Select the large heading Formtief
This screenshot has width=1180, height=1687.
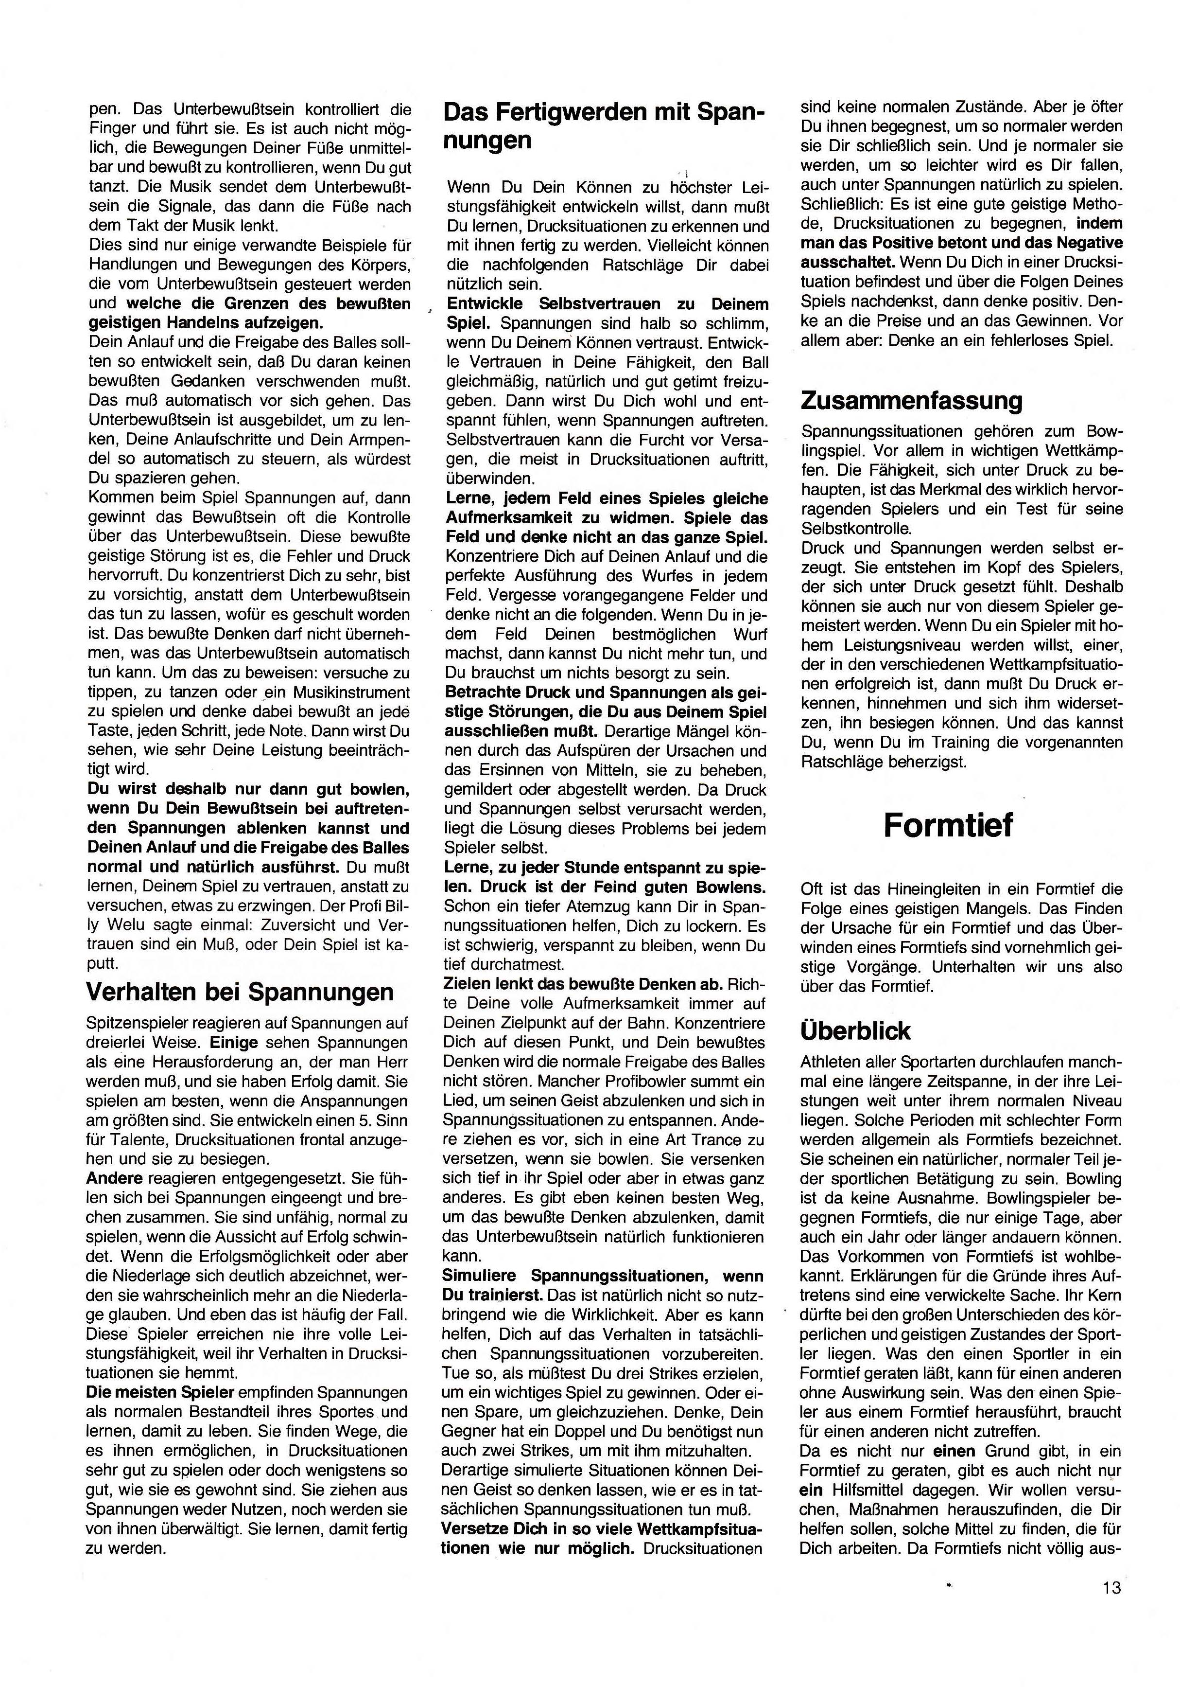pos(948,825)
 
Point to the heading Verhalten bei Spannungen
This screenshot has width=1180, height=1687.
pos(240,991)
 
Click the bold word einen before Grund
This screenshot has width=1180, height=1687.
pos(954,1450)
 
